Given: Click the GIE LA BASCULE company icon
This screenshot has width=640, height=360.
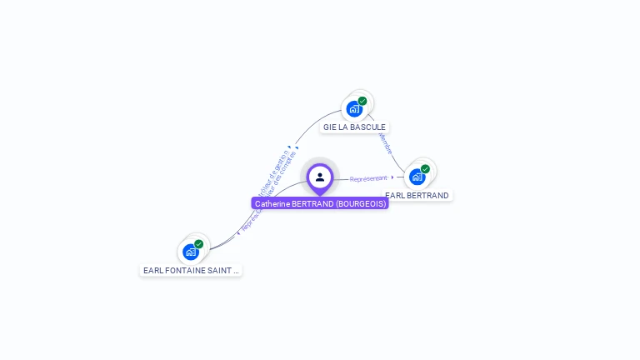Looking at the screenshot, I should [355, 108].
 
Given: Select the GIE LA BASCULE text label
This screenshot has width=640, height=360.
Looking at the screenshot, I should [354, 127].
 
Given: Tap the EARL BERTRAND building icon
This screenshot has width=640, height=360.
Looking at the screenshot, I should [417, 177].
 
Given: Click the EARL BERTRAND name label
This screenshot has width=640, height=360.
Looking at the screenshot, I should [417, 196].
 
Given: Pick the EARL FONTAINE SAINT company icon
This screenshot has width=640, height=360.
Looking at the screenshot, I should [191, 252].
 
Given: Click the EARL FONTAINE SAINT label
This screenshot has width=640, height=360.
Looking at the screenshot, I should [191, 271].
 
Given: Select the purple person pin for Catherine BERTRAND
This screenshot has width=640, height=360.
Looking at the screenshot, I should [320, 177].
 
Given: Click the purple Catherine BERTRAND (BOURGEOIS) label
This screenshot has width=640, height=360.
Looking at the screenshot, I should [320, 203].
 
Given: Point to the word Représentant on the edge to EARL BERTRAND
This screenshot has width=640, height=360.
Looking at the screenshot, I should [368, 178].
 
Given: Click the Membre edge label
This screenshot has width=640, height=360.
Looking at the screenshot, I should [385, 143].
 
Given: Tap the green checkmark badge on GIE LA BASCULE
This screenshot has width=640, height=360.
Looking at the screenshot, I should [362, 101].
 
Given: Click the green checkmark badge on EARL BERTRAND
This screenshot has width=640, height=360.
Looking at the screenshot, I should [425, 169].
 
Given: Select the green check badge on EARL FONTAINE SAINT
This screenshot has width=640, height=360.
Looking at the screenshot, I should [198, 244].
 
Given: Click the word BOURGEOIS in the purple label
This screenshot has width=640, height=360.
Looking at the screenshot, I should [360, 203].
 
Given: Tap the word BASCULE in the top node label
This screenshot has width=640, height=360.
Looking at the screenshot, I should [367, 127].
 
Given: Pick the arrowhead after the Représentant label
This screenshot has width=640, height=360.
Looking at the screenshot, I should [392, 177].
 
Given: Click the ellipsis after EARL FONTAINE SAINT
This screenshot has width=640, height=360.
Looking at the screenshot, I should [236, 271].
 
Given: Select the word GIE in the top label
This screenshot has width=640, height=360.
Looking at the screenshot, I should [329, 127].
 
